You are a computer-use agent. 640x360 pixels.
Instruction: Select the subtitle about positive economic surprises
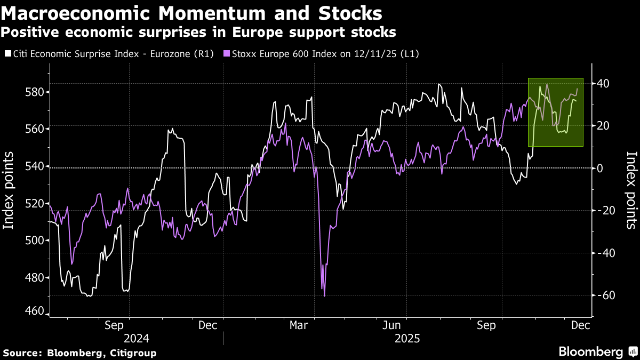coord(198,32)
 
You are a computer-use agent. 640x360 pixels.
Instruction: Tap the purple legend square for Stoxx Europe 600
coord(226,54)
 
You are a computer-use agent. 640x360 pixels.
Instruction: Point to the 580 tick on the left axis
coord(35,92)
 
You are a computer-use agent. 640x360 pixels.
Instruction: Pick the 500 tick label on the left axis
coord(35,240)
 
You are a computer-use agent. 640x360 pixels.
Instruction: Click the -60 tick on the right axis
coord(604,295)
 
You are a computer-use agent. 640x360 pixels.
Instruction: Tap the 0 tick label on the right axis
coord(599,167)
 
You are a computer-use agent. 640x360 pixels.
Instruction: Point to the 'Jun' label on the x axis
coord(393,325)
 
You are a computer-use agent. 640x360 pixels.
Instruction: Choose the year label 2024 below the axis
coord(137,339)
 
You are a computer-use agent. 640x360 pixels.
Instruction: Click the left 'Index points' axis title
coord(9,190)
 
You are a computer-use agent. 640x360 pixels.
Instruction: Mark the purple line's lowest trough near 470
coord(324,295)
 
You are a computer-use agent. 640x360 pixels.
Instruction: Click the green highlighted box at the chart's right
coord(555,112)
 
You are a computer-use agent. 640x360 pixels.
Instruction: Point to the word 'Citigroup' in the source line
coord(132,353)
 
